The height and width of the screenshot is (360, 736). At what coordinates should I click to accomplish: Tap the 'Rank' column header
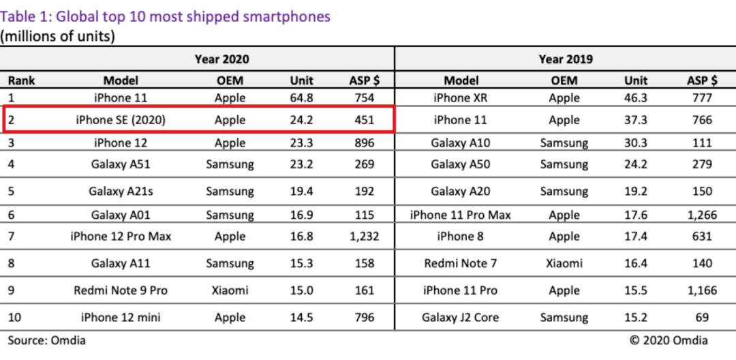(x=22, y=80)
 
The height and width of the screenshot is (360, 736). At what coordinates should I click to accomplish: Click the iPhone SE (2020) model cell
(x=121, y=120)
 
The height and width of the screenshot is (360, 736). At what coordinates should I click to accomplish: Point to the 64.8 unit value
(x=301, y=98)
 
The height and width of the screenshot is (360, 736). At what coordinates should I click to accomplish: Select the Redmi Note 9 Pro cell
(x=121, y=290)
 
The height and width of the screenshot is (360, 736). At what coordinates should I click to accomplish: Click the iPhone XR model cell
(x=461, y=98)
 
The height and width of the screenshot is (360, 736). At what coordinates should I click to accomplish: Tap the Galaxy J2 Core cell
(x=461, y=318)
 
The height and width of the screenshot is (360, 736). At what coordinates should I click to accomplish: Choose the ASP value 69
(x=702, y=318)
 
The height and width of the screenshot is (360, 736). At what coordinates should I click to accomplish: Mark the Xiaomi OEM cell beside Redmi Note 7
(x=564, y=263)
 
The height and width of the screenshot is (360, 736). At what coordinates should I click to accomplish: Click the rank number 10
(x=14, y=318)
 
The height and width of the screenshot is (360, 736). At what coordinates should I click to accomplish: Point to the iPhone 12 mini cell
(x=121, y=318)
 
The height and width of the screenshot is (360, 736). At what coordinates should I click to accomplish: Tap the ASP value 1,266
(x=702, y=215)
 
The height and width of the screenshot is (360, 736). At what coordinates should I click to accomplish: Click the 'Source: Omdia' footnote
(x=47, y=340)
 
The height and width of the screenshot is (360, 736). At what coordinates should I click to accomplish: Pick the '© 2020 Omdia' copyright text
(x=669, y=340)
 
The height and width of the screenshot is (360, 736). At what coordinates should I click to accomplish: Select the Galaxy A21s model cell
(x=121, y=192)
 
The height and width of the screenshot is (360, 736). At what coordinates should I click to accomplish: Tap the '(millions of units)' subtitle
(x=57, y=36)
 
